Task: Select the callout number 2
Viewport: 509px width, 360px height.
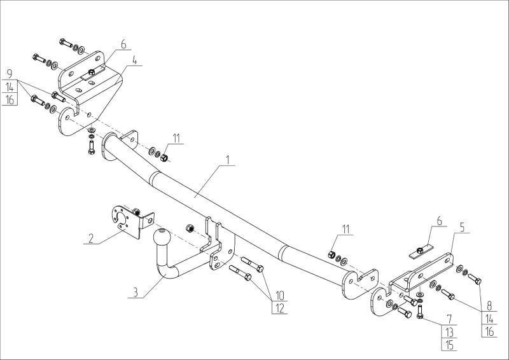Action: coord(92,239)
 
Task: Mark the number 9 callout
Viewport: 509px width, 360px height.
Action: coord(10,73)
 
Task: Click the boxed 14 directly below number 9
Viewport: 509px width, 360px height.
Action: coord(10,87)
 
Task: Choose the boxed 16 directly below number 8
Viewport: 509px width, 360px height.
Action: coord(489,331)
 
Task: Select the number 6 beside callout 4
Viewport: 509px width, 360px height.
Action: coord(123,45)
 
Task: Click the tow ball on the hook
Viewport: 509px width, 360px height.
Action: coord(160,240)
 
